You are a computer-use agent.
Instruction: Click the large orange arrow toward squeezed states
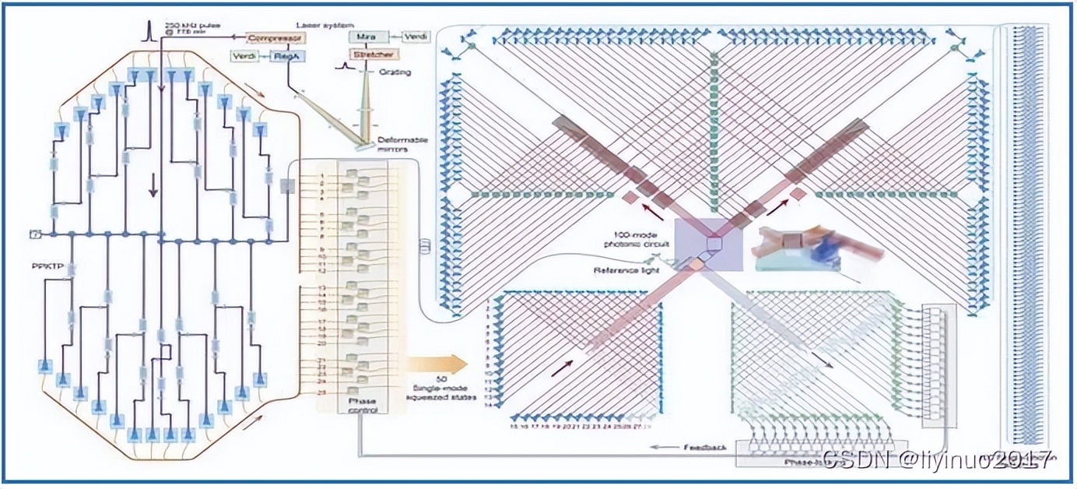[x=436, y=364]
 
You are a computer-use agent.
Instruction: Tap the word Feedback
[x=704, y=448]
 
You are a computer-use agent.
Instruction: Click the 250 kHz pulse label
[x=186, y=27]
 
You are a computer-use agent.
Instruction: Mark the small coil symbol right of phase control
[x=425, y=245]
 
